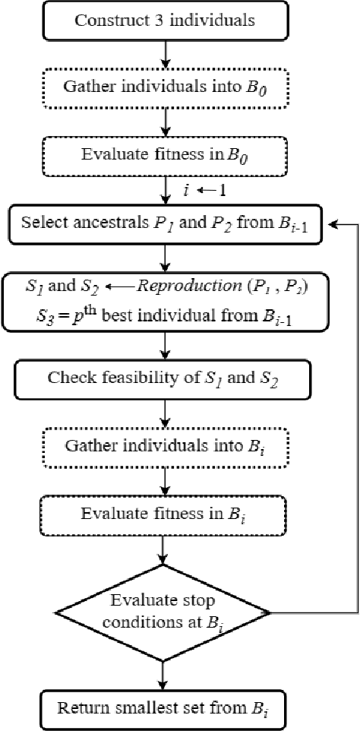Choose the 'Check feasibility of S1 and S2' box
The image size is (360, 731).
[x=164, y=378]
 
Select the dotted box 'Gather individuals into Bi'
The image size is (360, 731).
[x=164, y=445]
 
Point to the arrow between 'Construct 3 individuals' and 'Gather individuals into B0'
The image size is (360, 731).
[x=164, y=57]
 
